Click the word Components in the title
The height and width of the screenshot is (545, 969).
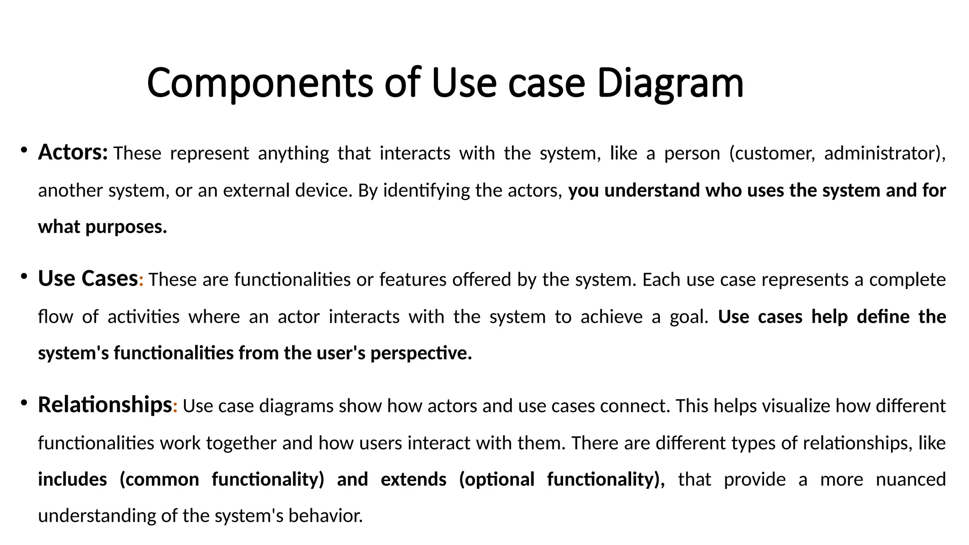coord(259,83)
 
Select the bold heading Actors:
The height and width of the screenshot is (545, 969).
coord(73,152)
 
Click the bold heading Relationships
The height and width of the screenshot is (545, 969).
coord(105,405)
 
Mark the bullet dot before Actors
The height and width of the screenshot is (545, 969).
coord(23,151)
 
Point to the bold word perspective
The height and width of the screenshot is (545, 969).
coord(421,353)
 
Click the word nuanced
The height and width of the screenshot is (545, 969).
coord(910,480)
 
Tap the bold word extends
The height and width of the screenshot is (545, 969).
coord(413,480)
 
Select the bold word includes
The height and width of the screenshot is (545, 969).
coord(72,480)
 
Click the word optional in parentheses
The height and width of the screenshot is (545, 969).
coord(497,480)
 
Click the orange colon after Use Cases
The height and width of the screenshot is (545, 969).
coord(141,281)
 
